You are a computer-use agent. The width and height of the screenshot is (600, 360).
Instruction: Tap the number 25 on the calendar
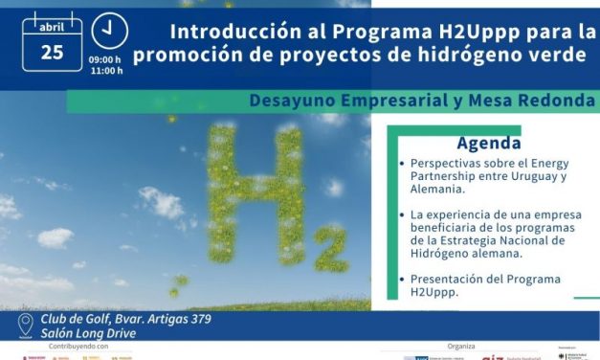coord(52,52)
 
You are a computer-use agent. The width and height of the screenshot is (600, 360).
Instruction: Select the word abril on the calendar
coord(52,27)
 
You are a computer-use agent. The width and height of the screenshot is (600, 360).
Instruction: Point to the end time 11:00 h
coord(106,71)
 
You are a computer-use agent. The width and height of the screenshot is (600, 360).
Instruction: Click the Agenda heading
coord(488,145)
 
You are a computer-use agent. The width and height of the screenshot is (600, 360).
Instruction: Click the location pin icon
coord(26,326)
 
